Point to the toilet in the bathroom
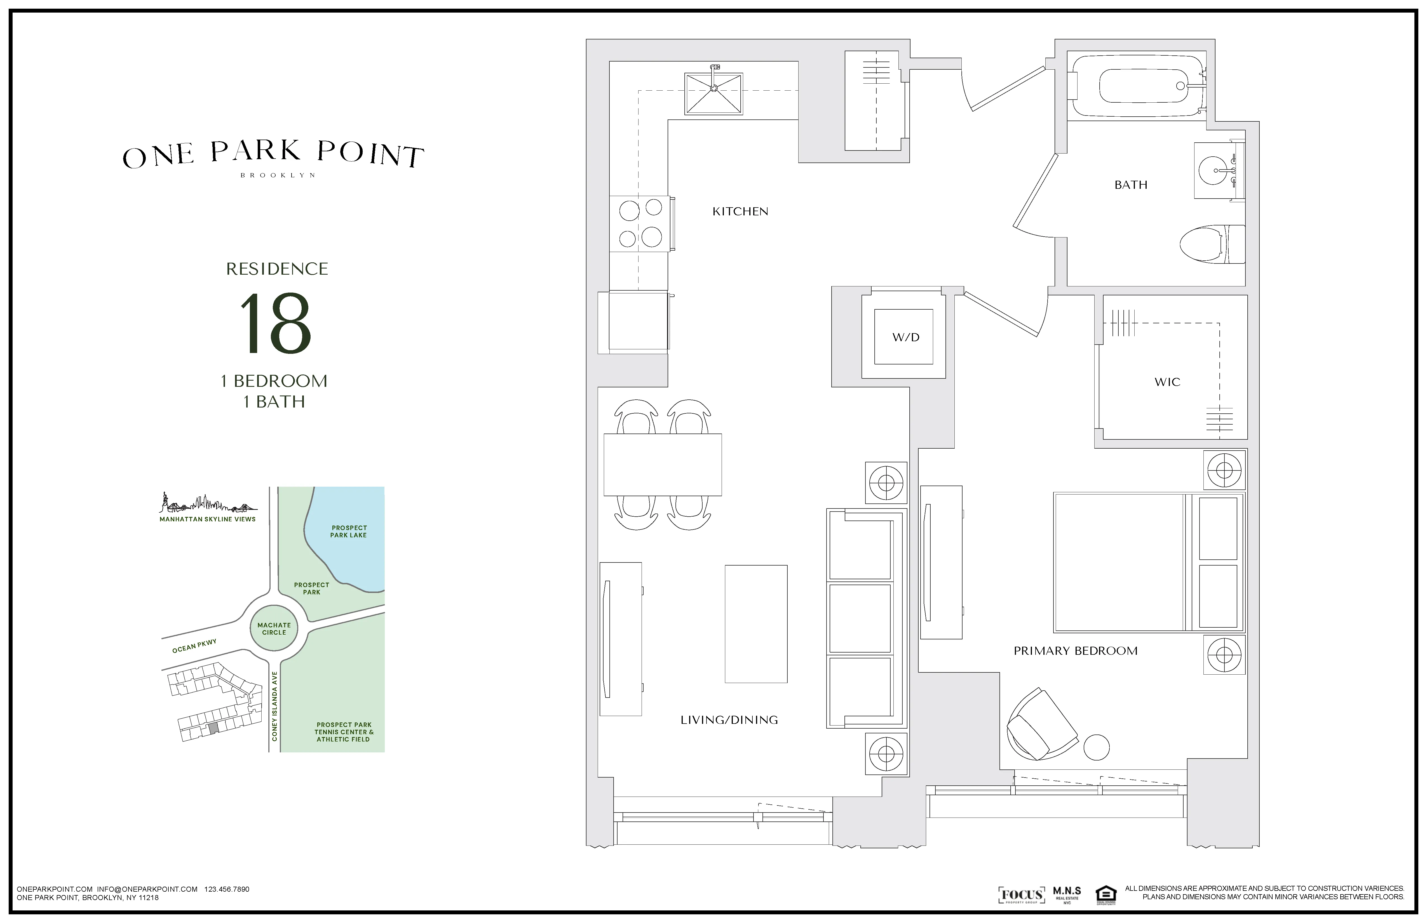tap(1211, 244)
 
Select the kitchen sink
tap(713, 93)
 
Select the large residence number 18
tap(276, 324)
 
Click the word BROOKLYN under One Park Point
tap(278, 176)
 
